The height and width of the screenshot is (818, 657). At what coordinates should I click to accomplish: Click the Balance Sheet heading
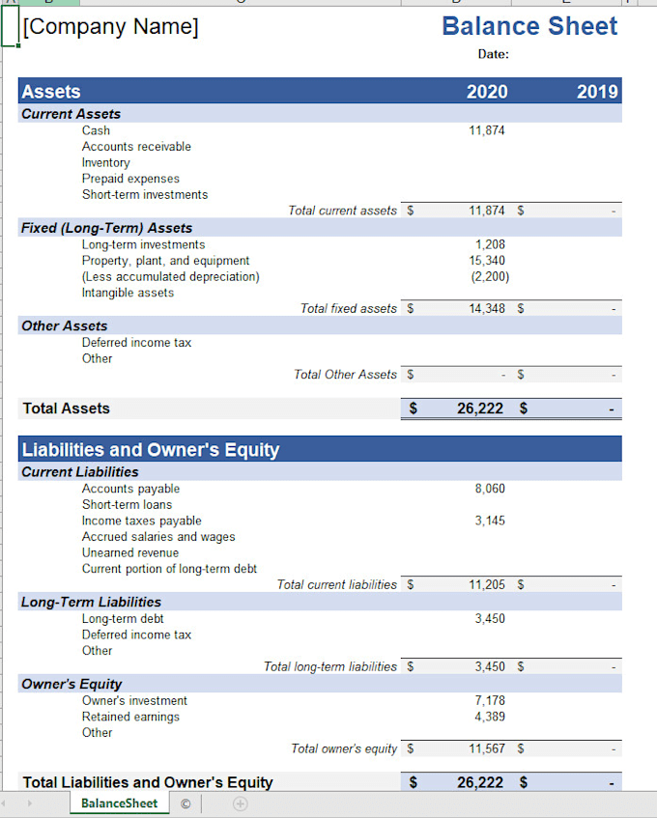click(x=529, y=26)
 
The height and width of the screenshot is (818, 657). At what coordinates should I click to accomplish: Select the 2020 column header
click(x=487, y=92)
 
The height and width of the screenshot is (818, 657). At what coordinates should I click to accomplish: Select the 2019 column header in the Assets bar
click(x=597, y=92)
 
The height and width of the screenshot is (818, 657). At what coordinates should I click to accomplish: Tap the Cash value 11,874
click(x=487, y=130)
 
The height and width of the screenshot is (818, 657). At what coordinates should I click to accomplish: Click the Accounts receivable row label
click(x=136, y=147)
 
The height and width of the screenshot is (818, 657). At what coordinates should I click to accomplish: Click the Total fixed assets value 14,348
click(x=487, y=309)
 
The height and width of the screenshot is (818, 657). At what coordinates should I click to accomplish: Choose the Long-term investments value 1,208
click(x=491, y=244)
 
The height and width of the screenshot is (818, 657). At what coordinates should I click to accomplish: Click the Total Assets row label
click(x=67, y=409)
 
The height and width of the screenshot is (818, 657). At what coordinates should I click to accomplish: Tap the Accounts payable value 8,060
click(x=490, y=489)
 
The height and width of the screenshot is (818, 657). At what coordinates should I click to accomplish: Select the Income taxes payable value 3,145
click(x=490, y=521)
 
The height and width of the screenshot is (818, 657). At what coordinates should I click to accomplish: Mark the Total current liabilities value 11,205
click(x=487, y=584)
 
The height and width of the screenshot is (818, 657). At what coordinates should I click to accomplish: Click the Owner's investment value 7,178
click(x=490, y=700)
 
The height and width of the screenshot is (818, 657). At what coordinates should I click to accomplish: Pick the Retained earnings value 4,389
click(x=490, y=717)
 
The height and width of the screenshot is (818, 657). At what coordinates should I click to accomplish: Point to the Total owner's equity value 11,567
click(x=487, y=748)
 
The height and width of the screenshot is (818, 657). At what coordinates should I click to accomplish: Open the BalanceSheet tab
click(x=119, y=804)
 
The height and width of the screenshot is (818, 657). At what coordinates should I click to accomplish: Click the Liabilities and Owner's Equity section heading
click(x=151, y=450)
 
